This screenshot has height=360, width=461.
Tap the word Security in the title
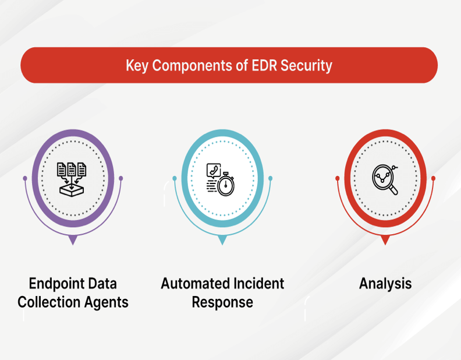[x=306, y=66]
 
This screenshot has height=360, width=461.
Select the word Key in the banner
[x=137, y=66]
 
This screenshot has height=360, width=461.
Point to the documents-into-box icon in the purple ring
[x=72, y=179]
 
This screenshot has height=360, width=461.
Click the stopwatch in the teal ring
[x=226, y=184]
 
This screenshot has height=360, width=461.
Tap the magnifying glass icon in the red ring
[x=385, y=179]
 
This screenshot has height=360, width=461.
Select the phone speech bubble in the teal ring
[x=214, y=171]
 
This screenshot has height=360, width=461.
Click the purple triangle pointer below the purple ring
[x=73, y=239]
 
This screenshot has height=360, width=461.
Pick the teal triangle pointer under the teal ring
[x=222, y=239]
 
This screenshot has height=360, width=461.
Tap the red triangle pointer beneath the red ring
[x=385, y=239]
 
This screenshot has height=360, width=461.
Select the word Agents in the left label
[x=107, y=303]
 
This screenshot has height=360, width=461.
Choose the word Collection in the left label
[x=49, y=302]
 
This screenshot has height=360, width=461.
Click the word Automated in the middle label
[x=195, y=284]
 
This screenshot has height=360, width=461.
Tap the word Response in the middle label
[x=222, y=303]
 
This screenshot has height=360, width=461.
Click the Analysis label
[x=385, y=284]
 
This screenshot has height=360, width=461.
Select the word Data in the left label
[x=102, y=284]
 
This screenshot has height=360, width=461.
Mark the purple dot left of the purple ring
[x=25, y=178]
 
